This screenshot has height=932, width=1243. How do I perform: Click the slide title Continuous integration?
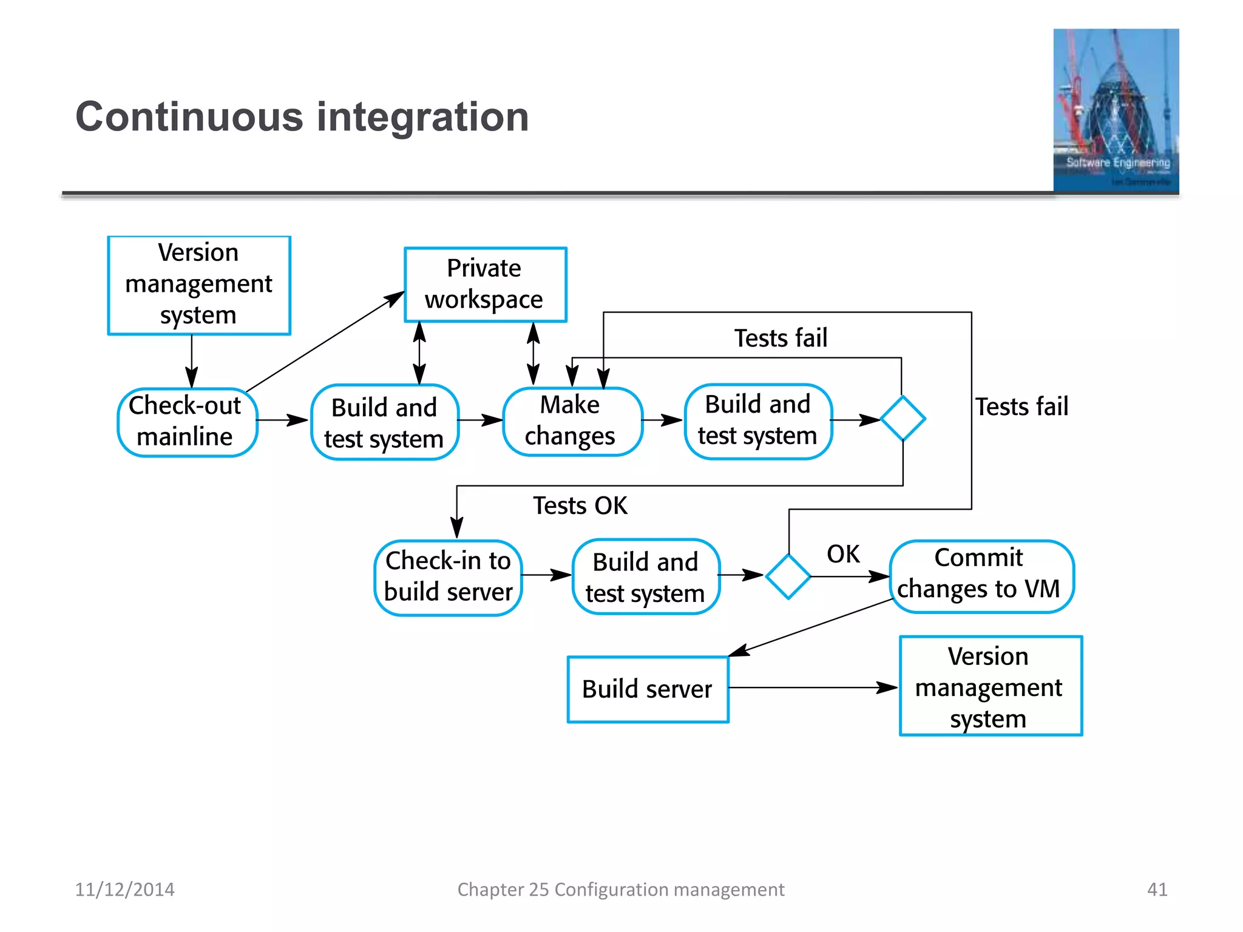click(x=302, y=116)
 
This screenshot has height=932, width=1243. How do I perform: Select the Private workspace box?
click(x=485, y=285)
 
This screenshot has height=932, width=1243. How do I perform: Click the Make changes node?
click(x=571, y=421)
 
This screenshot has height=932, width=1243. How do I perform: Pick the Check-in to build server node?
click(x=448, y=577)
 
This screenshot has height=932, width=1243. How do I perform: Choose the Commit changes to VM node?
click(x=980, y=575)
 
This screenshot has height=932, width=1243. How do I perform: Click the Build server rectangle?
click(x=648, y=689)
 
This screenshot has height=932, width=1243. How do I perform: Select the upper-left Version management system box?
click(x=199, y=285)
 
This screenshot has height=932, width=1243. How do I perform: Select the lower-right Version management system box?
click(x=989, y=686)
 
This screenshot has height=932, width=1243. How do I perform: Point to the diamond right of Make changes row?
click(x=903, y=419)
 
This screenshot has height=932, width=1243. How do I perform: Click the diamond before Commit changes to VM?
click(x=788, y=576)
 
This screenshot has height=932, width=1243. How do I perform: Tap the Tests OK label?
click(x=580, y=505)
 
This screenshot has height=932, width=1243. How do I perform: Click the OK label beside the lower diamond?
click(x=843, y=554)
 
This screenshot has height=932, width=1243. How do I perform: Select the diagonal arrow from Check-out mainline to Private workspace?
click(x=325, y=342)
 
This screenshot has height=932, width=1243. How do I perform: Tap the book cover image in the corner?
click(x=1116, y=110)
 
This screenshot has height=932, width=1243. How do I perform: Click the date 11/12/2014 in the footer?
click(x=124, y=890)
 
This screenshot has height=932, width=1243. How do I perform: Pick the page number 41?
click(x=1157, y=890)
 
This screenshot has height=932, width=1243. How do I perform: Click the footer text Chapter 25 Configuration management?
click(x=620, y=890)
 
